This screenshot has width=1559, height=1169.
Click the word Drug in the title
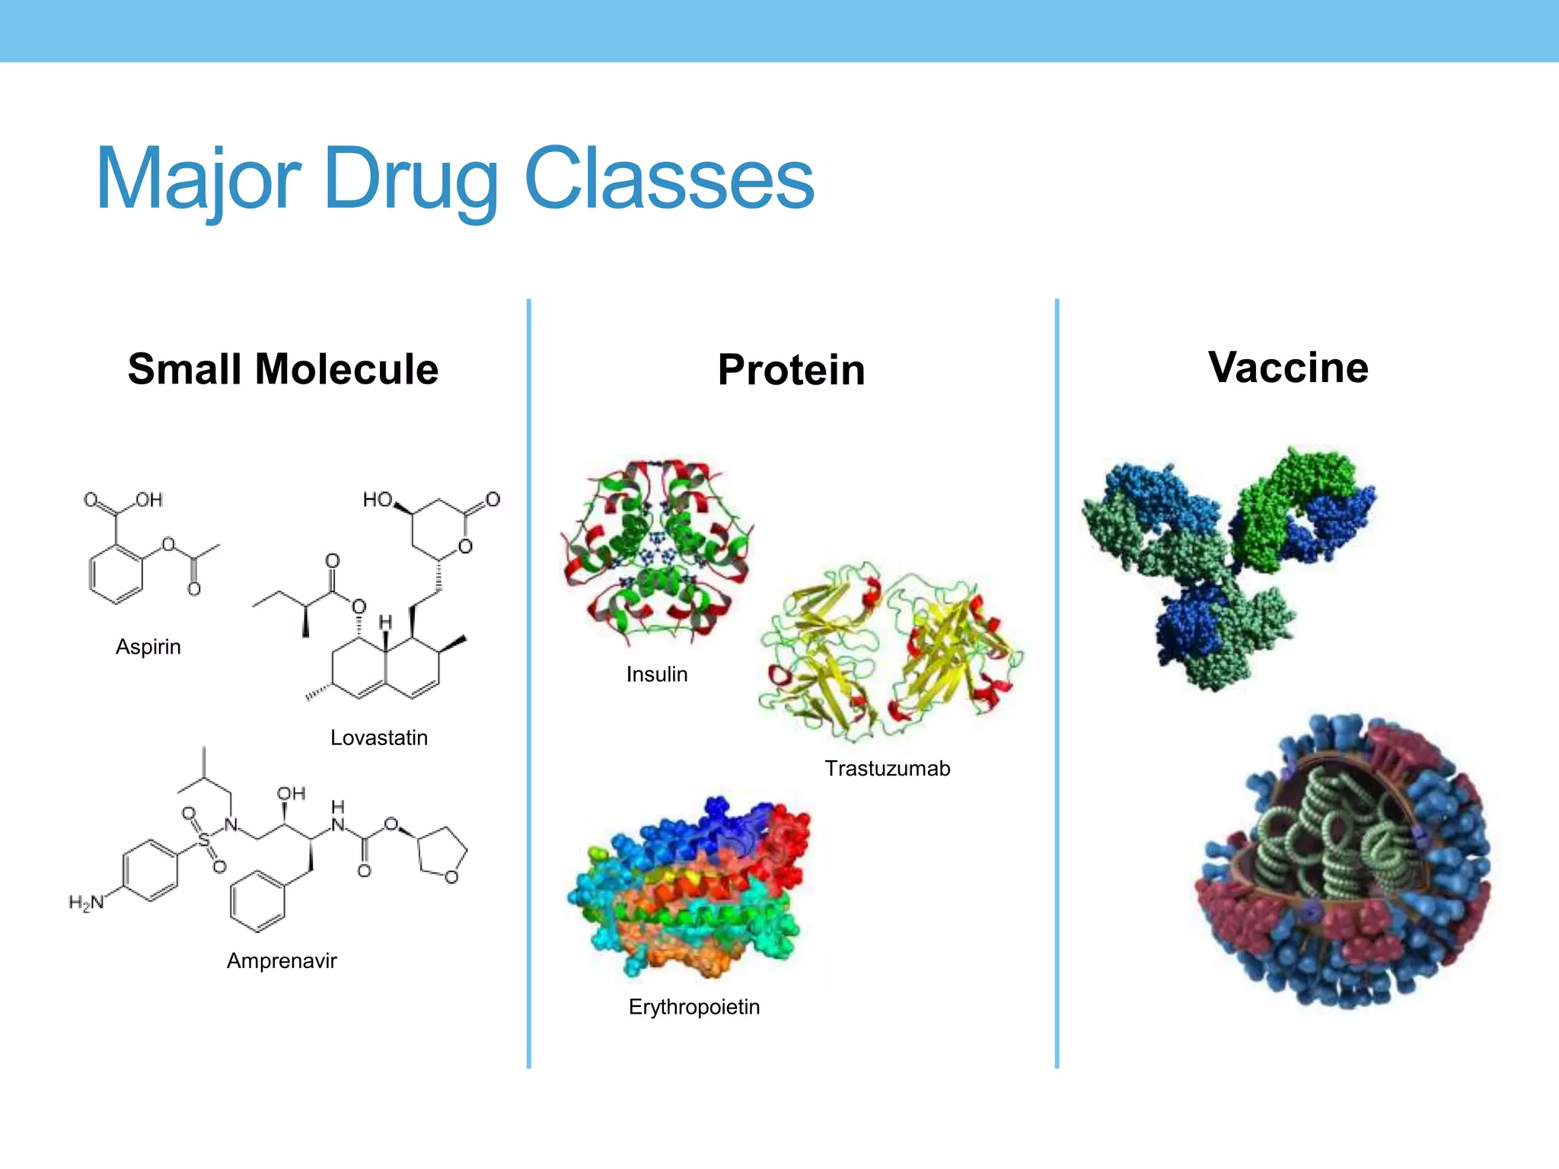(x=410, y=180)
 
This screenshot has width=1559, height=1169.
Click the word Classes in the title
(x=669, y=180)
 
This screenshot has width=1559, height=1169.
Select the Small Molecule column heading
(x=283, y=369)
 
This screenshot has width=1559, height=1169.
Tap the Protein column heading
(x=791, y=371)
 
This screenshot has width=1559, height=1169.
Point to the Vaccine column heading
(x=1288, y=368)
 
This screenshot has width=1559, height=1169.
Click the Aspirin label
(x=148, y=647)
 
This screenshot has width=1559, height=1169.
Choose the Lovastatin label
(x=379, y=737)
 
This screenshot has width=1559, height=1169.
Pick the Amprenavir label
(x=282, y=960)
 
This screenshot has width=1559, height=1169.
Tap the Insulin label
(x=657, y=674)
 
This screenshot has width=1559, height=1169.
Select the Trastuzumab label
(x=888, y=769)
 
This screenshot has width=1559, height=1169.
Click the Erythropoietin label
(x=694, y=1007)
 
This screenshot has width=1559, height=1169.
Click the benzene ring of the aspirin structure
(x=116, y=575)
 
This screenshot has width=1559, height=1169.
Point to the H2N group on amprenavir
(x=86, y=903)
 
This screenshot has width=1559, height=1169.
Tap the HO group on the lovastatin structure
(x=377, y=499)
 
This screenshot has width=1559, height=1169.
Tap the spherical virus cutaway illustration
(x=1344, y=860)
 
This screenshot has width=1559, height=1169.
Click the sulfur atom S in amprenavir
(x=204, y=840)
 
